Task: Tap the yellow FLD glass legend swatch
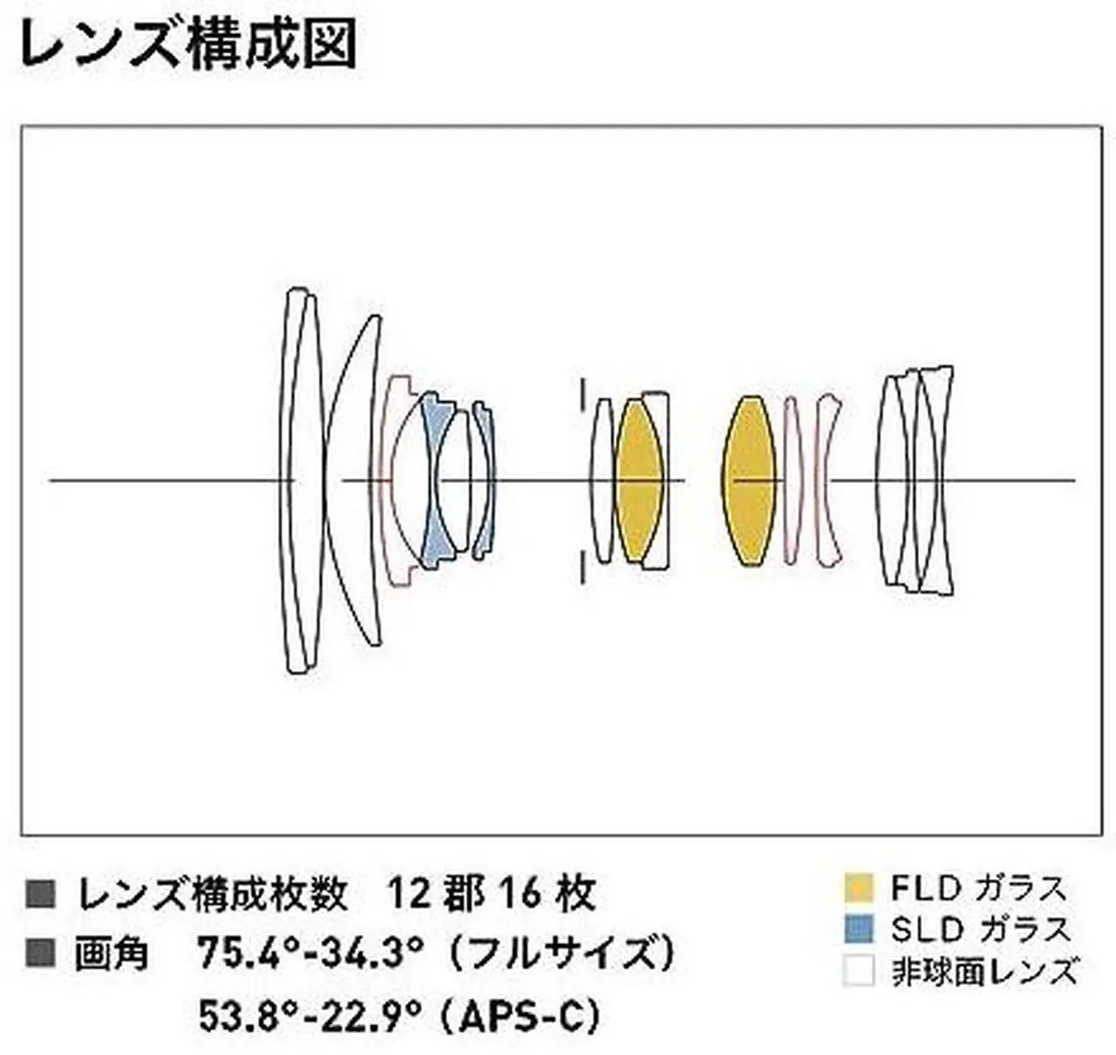coord(859,888)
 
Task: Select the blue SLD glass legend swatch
coord(859,929)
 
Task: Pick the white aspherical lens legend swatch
coord(859,970)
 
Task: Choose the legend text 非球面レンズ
coord(984,970)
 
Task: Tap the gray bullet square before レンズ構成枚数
coord(41,895)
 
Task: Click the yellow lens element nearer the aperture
coord(638,480)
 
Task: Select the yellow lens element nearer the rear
coord(749,480)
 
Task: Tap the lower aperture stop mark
coord(582,567)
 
